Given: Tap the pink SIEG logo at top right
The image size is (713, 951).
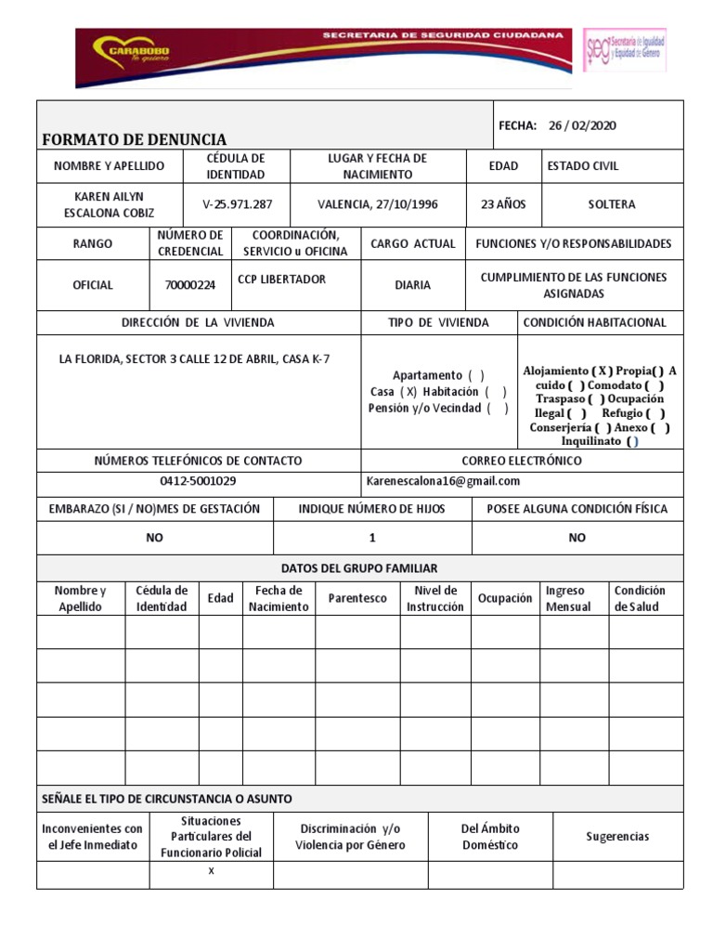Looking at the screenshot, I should click(624, 49).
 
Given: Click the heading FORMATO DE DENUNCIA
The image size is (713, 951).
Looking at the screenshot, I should click(135, 140).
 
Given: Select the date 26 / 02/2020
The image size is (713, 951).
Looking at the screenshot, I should click(582, 125).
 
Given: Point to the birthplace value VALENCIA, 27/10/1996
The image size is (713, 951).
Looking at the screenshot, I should click(378, 204).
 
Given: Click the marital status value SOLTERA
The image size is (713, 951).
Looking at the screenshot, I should click(612, 204).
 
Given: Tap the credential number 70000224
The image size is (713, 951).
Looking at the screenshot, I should click(189, 285).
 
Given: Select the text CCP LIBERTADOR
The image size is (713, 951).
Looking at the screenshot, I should click(281, 280).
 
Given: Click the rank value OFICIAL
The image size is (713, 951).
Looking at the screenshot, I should click(93, 285).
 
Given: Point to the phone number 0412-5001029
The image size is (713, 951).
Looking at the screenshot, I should click(198, 481).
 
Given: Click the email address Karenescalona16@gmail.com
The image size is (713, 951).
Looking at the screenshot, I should click(444, 481).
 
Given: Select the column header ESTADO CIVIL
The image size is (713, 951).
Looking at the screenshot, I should click(583, 166).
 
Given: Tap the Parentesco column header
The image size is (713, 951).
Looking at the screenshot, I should click(357, 598).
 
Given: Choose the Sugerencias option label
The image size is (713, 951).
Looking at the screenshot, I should click(617, 837).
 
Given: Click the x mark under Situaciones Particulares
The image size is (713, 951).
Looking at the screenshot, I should click(211, 871).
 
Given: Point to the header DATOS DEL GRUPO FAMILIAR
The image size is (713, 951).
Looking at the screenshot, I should click(359, 567).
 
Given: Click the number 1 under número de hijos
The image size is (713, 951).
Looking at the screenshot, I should click(372, 538).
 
